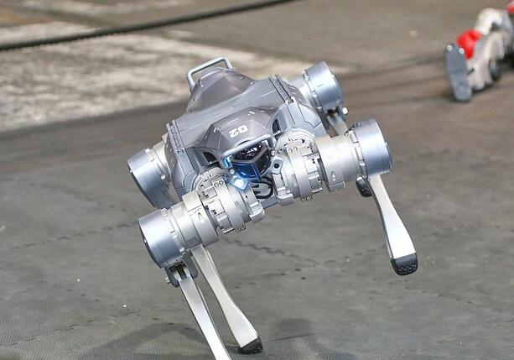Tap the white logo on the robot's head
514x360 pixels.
point(239,132)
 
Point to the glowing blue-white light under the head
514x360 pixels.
point(239,182)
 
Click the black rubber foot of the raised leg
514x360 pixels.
point(404,264)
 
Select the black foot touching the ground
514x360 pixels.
point(252,346)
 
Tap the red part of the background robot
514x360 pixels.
point(469,43)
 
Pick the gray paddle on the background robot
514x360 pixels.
point(457,72)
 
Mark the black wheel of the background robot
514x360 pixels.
point(495,69)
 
